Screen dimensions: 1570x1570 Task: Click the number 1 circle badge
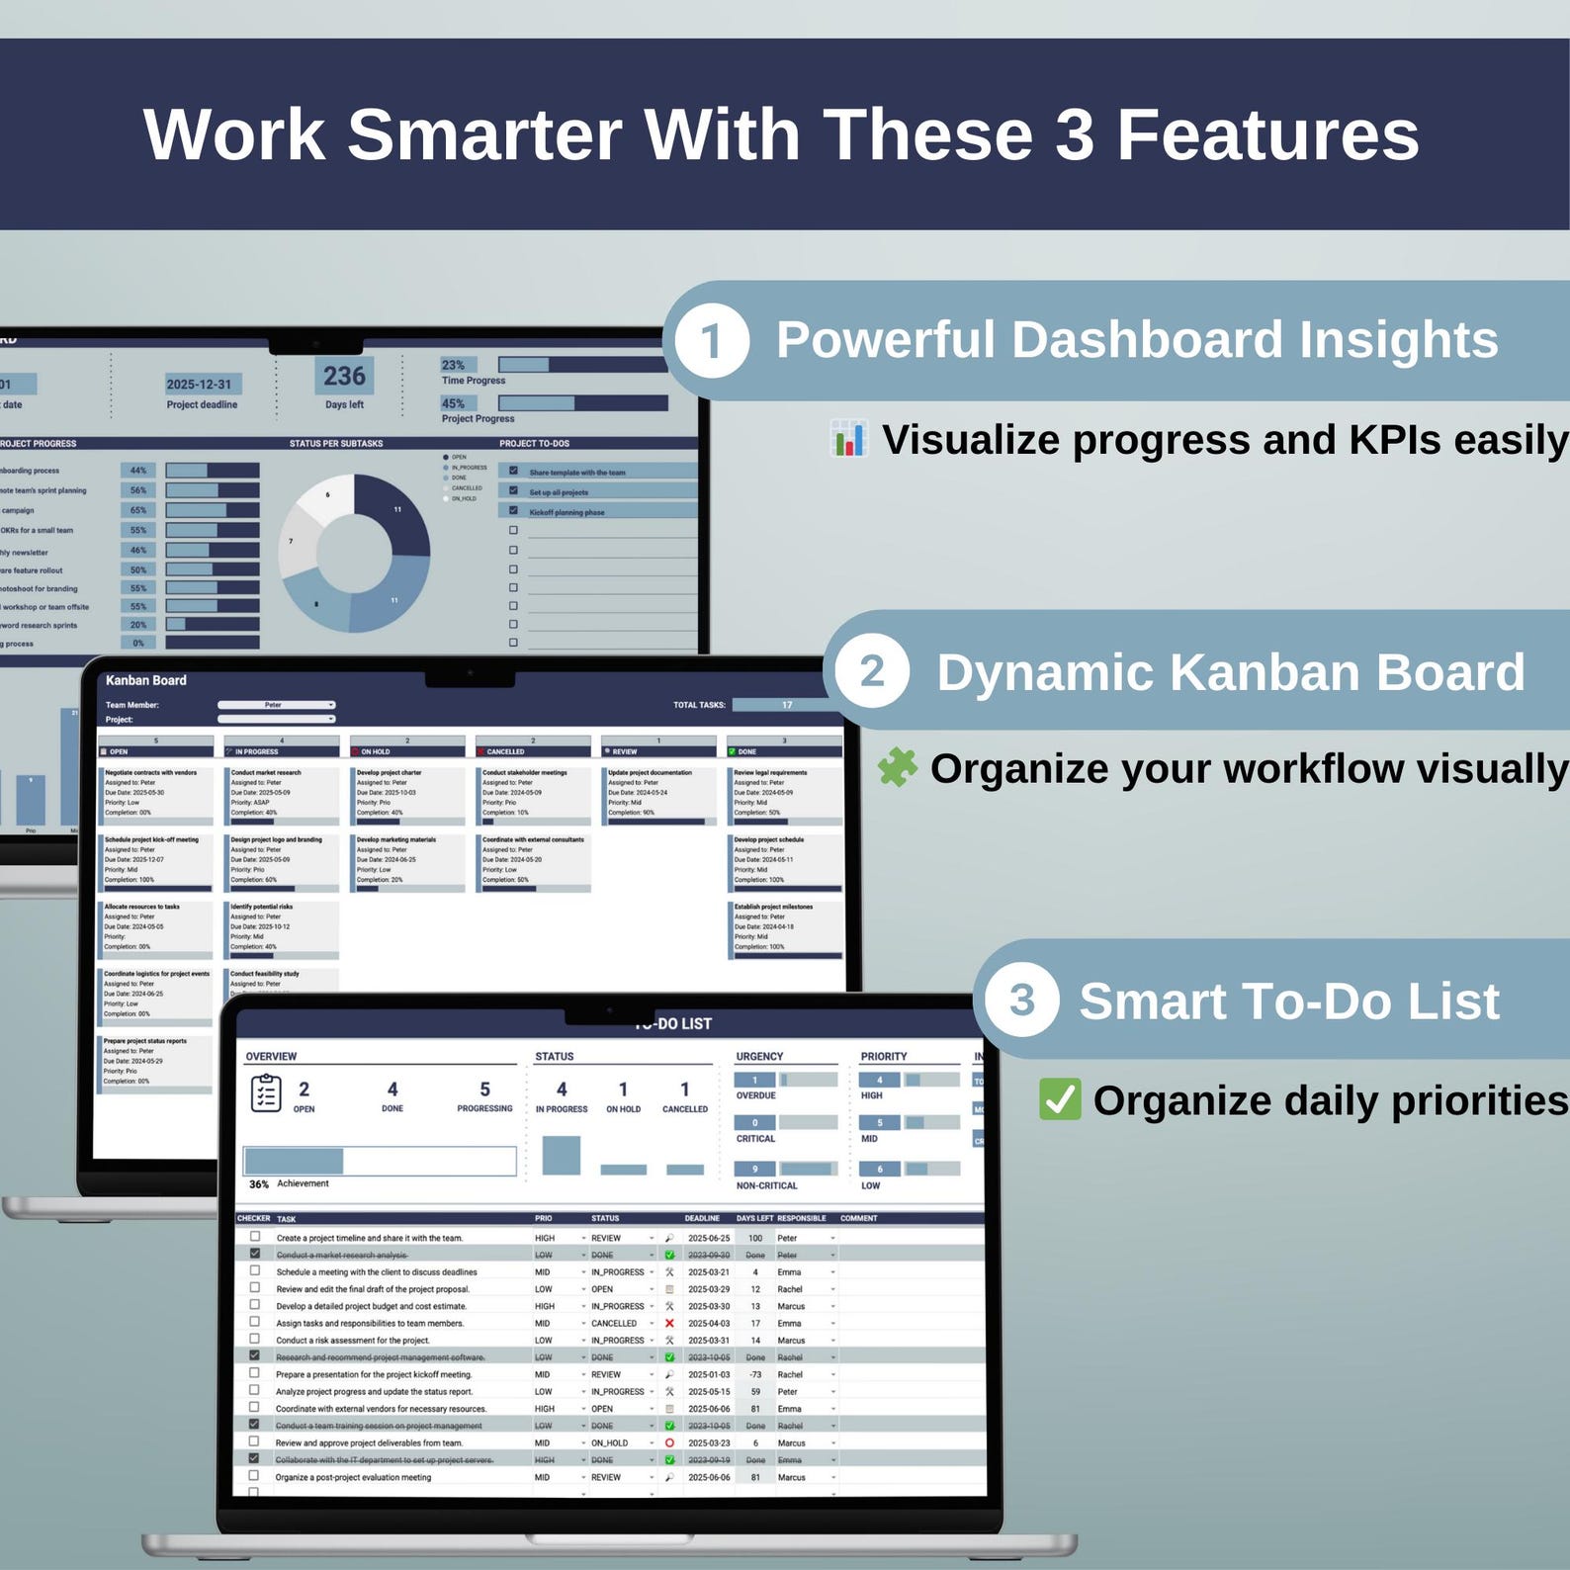tap(711, 341)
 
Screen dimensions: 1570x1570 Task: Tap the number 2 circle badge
tap(871, 671)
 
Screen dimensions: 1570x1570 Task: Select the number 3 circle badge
tap(1021, 1000)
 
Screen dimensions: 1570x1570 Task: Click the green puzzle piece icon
tap(898, 767)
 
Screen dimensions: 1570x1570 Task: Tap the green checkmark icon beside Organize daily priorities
tap(1060, 1099)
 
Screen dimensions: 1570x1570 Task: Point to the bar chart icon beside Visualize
tap(849, 439)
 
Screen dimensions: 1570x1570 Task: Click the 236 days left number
tap(344, 376)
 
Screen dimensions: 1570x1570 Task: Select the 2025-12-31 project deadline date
tap(199, 385)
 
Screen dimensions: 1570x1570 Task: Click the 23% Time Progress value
tap(454, 365)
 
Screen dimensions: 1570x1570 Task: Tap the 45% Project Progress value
tap(454, 403)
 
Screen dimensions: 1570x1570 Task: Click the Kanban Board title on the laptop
tap(146, 680)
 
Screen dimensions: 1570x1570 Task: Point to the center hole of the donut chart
tap(354, 553)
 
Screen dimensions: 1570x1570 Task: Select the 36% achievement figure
tap(259, 1183)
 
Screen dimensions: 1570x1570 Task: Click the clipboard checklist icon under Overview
tap(265, 1093)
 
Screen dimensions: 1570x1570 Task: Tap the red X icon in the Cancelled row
tap(669, 1323)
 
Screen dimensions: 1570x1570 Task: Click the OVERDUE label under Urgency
tap(755, 1095)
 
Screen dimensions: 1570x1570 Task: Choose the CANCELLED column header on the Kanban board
tap(505, 751)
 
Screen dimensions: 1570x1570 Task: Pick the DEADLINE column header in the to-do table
tap(702, 1218)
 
